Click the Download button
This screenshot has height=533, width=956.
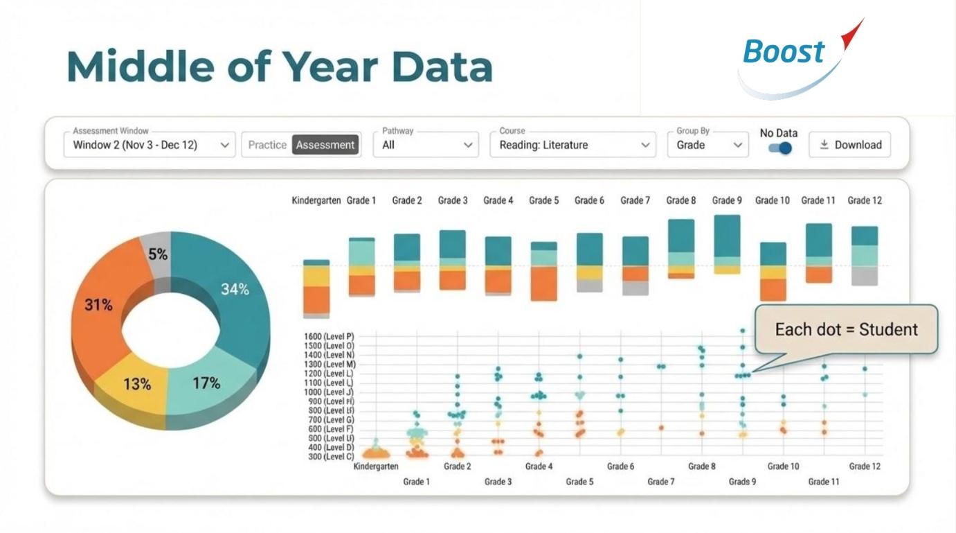850,145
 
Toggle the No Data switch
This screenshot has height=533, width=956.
779,148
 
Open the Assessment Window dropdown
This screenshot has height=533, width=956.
149,145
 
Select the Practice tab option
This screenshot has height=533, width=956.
267,145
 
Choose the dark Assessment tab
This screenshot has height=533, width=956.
325,145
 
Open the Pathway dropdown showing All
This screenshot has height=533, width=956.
425,145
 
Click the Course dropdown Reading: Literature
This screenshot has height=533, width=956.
572,145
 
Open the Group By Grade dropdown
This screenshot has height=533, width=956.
707,145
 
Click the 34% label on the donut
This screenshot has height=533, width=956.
235,290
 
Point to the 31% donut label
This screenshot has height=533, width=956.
98,305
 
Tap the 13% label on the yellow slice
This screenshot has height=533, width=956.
137,384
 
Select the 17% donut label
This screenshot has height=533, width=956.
206,383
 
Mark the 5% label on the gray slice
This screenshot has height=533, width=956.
158,254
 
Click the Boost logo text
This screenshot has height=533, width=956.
784,52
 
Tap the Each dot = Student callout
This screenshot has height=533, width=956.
846,329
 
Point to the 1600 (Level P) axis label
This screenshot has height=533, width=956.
329,337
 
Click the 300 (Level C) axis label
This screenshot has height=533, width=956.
329,457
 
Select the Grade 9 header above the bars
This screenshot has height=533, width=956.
727,200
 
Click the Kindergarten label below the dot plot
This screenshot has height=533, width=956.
376,466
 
